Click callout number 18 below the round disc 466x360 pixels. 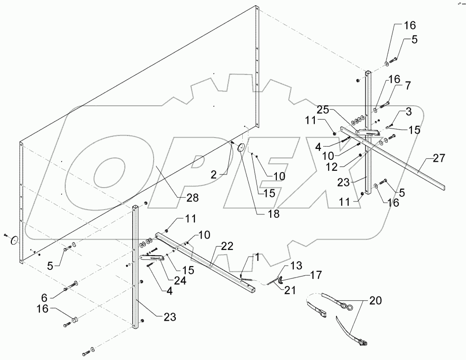[274, 213]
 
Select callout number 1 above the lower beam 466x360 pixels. [256, 258]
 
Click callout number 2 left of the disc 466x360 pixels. [214, 175]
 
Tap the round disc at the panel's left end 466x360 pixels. [14, 240]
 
